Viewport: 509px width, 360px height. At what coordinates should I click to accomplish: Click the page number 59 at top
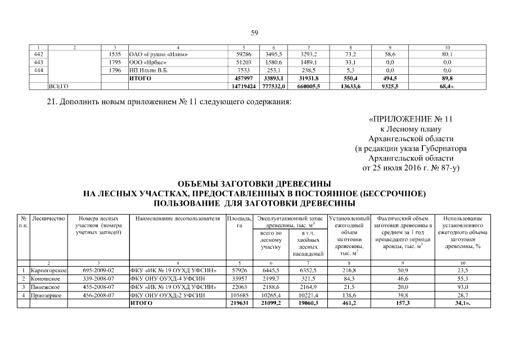254,33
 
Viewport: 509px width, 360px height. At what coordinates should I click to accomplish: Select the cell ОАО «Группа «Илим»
159,55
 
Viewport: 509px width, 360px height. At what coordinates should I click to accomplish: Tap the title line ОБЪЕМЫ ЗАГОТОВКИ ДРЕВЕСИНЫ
254,184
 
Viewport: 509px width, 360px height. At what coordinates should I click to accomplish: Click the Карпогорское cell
49,271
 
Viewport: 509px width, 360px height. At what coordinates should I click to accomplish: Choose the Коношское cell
47,278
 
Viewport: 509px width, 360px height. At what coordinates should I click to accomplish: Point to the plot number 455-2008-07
98,286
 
